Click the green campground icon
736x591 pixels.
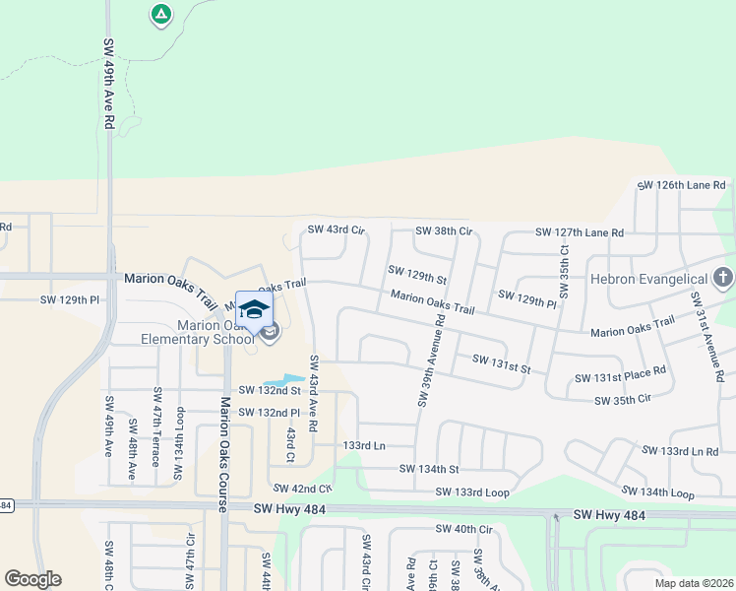coord(160,14)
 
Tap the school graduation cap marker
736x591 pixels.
coord(254,309)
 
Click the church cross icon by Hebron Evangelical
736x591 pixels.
coord(723,278)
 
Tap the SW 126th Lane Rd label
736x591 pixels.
coord(681,185)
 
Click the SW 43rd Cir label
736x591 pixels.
coord(337,230)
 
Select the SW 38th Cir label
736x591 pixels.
coord(444,230)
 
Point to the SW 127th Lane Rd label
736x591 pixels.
coord(580,232)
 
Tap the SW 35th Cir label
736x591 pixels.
coord(623,400)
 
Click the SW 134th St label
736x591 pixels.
coord(429,469)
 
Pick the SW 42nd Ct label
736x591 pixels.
coord(303,488)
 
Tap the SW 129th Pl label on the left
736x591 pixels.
coord(70,299)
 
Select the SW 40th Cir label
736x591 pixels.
coord(464,529)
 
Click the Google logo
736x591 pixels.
coord(33,579)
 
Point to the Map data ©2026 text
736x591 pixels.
coord(693,583)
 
